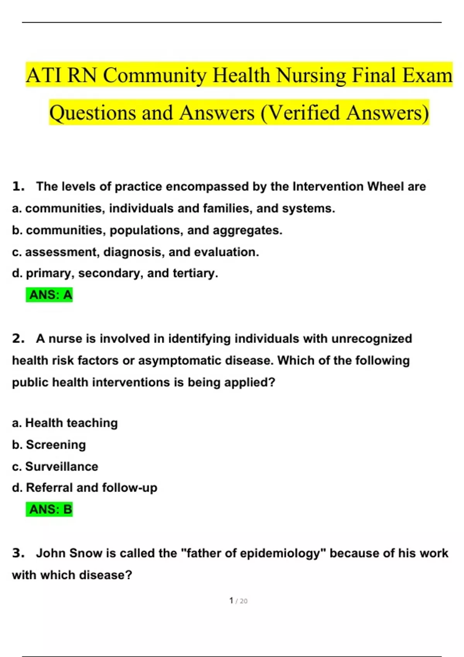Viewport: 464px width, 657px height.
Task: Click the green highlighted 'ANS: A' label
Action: click(49, 295)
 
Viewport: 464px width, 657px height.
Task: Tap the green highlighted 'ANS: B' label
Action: click(49, 509)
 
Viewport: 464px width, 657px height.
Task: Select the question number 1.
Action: click(18, 186)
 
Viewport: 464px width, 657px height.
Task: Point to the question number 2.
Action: click(18, 339)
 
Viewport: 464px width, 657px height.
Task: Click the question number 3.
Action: click(18, 553)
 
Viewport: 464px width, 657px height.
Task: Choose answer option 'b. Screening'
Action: click(49, 445)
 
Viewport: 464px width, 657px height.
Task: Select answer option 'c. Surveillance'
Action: click(55, 466)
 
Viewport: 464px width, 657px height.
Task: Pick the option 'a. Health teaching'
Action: click(65, 423)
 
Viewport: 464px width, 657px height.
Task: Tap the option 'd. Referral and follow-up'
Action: click(85, 488)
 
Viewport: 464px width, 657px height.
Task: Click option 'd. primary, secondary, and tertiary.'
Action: click(115, 273)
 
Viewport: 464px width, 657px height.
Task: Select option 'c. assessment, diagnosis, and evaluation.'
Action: click(136, 252)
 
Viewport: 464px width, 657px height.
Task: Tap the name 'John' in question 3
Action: click(50, 553)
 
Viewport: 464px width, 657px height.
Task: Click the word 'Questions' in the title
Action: click(92, 113)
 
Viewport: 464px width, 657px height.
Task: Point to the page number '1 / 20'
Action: click(238, 601)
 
